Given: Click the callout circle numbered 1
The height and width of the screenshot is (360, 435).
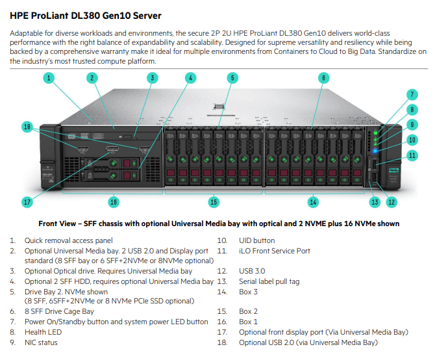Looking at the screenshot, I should [49, 78].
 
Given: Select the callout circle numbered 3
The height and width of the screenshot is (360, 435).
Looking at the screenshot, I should [152, 78].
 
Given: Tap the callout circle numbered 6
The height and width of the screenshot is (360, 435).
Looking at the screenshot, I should [323, 78].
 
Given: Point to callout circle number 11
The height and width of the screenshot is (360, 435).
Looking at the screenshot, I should [412, 155].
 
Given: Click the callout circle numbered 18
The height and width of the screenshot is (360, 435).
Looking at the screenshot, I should [27, 127].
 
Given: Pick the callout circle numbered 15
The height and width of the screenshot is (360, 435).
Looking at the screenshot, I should [214, 202].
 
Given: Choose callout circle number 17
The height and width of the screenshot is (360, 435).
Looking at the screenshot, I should [27, 202].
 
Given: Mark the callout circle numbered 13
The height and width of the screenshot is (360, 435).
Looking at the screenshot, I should [375, 202].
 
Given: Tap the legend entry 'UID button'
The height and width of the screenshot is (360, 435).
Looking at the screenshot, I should [256, 240].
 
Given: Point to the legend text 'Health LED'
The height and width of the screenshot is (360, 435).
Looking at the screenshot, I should [43, 332].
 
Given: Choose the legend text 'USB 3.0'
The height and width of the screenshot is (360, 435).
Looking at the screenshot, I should [253, 271].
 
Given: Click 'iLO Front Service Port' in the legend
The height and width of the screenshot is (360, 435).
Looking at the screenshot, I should [275, 251].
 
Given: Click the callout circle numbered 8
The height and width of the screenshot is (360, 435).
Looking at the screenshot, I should [412, 109].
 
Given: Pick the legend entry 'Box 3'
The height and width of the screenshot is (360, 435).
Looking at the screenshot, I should [249, 292].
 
